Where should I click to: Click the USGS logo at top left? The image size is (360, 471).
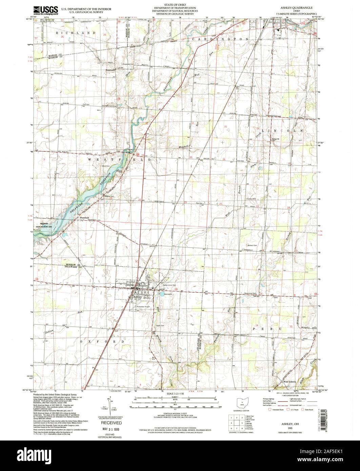(41, 9)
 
